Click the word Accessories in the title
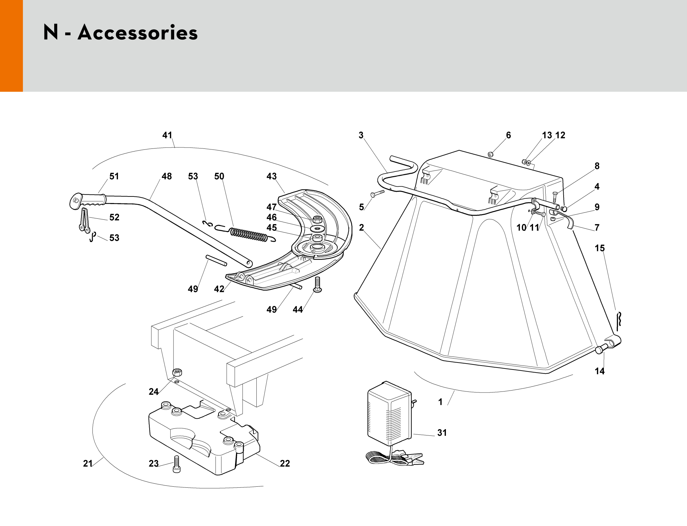tap(138, 33)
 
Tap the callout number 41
tap(167, 135)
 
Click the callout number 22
tap(285, 463)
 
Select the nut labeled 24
tap(177, 372)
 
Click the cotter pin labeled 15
tap(619, 320)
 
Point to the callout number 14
tap(599, 371)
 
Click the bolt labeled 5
tap(377, 193)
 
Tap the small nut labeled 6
tap(490, 154)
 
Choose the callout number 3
tap(361, 135)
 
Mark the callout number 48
tap(167, 176)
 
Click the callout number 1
tap(440, 402)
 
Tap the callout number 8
tap(597, 166)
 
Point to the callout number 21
tap(87, 463)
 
